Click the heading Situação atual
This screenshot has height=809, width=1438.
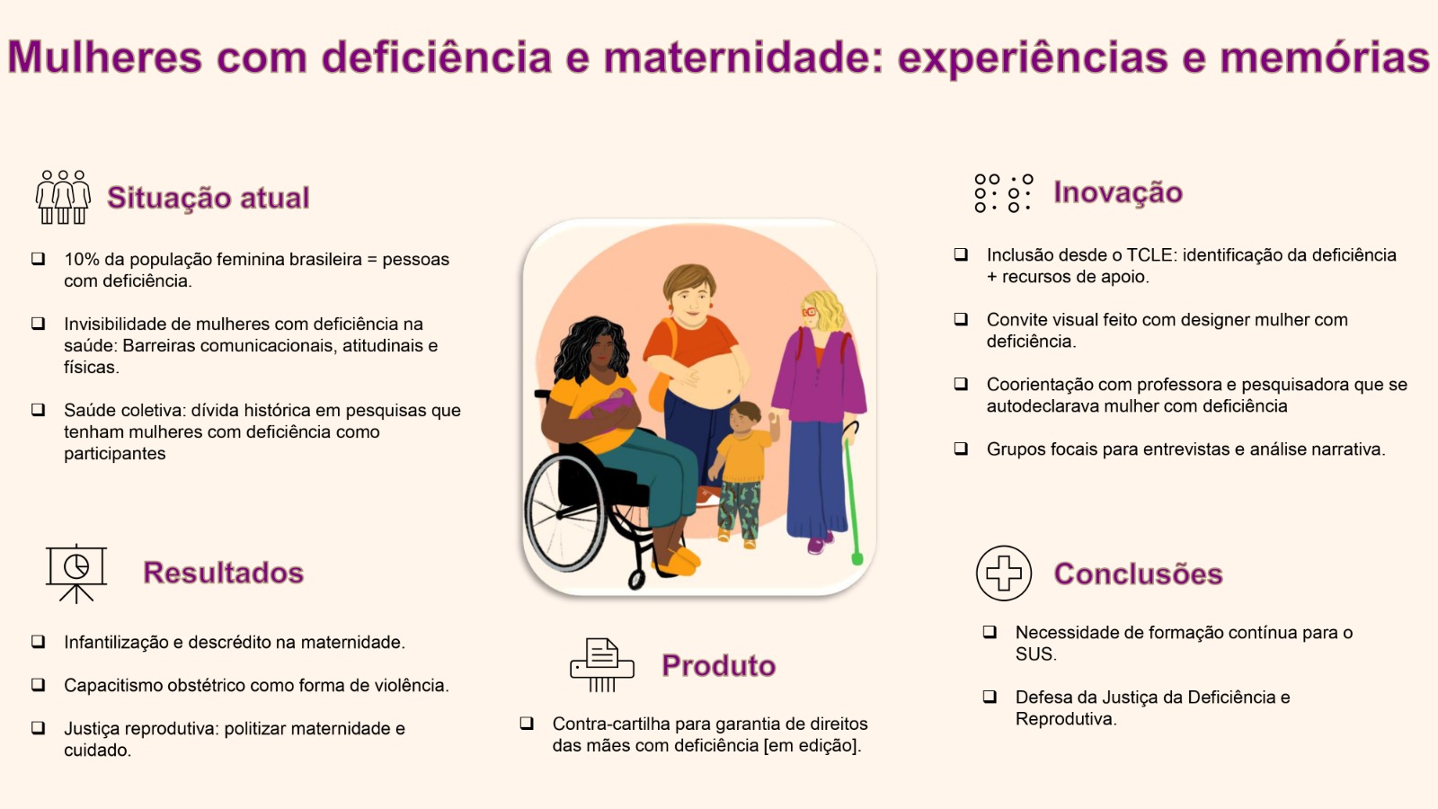point(208,198)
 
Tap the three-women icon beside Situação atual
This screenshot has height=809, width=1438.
point(63,197)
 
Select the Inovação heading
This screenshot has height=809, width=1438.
point(1118,192)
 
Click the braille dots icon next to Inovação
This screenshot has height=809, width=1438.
point(1003,192)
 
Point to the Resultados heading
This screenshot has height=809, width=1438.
point(223,573)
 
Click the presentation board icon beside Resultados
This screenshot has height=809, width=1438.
point(76,574)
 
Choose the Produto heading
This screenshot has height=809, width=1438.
point(718,666)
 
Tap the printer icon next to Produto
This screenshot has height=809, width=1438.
point(601,665)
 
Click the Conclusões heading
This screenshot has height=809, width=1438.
point(1138,574)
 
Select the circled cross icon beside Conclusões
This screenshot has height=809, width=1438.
point(1003,573)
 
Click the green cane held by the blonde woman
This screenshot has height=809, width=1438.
point(853,494)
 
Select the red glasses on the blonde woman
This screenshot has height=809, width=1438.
point(810,312)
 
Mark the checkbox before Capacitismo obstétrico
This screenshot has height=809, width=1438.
point(39,684)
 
